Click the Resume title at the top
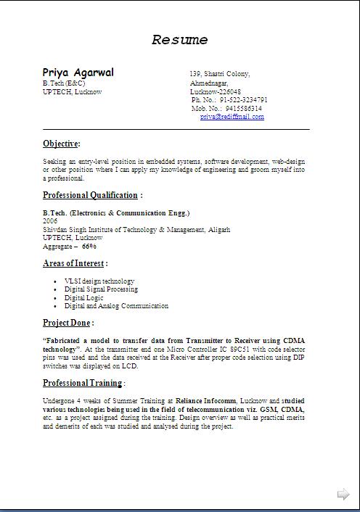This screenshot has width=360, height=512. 180,40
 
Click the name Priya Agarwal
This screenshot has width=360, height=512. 78,73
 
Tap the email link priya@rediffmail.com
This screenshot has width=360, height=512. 232,117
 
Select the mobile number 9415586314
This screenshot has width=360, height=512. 243,108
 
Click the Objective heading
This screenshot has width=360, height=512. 61,144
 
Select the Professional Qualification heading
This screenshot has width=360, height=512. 90,195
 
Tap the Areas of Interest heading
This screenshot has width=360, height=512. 74,264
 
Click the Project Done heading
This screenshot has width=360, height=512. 67,323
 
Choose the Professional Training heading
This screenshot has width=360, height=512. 82,383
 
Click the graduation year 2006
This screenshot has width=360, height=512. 50,220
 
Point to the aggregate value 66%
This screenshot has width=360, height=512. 89,247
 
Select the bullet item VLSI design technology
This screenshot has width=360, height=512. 99,281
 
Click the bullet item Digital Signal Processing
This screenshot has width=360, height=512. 100,289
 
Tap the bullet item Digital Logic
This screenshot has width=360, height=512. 84,298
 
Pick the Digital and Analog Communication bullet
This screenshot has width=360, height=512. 116,306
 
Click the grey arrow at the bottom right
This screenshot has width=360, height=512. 343,495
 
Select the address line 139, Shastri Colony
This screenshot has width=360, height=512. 220,74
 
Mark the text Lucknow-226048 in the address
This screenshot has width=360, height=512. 216,92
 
